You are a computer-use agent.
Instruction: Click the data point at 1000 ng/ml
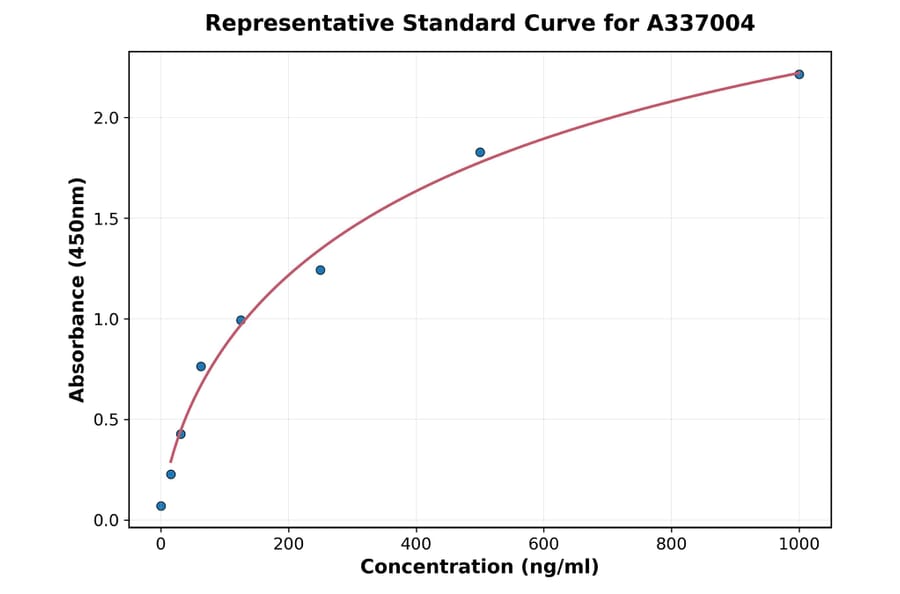click(x=799, y=74)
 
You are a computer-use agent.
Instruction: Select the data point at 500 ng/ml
click(x=480, y=152)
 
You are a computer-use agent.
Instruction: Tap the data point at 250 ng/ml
click(x=320, y=270)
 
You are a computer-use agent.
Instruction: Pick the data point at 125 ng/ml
click(x=241, y=320)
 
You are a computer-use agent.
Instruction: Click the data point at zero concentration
click(x=161, y=506)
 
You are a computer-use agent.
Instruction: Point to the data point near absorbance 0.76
click(x=201, y=366)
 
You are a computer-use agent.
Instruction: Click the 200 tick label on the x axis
click(x=289, y=544)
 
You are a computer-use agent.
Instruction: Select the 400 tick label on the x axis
click(x=416, y=544)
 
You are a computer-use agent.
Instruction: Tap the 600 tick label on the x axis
click(x=544, y=544)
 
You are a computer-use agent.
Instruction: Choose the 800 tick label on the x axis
click(x=671, y=544)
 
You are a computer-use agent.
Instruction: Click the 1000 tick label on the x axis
click(x=799, y=544)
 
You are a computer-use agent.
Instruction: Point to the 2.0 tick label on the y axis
click(x=107, y=118)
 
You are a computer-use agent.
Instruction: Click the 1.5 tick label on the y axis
click(x=107, y=219)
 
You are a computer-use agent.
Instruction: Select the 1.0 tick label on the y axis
click(x=107, y=319)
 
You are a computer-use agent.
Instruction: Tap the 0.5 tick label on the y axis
click(x=107, y=420)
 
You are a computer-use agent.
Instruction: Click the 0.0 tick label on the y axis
click(x=107, y=520)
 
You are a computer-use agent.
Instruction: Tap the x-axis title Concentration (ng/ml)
click(x=479, y=567)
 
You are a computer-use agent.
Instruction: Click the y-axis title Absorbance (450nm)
click(x=78, y=289)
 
